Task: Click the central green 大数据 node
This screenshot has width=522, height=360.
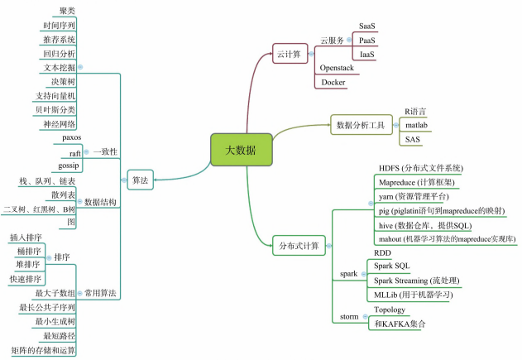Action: (241, 150)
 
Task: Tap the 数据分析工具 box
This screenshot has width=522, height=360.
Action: (362, 125)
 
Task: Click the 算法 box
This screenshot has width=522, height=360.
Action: (140, 179)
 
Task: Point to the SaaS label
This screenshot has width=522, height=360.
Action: (367, 26)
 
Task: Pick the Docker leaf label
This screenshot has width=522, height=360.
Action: (333, 82)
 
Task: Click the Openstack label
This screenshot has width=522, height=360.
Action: (338, 68)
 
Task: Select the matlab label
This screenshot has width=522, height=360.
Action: (416, 125)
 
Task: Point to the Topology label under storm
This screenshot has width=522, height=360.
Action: (389, 310)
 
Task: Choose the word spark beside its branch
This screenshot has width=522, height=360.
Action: (348, 272)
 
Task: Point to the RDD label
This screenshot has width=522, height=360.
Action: (382, 252)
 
